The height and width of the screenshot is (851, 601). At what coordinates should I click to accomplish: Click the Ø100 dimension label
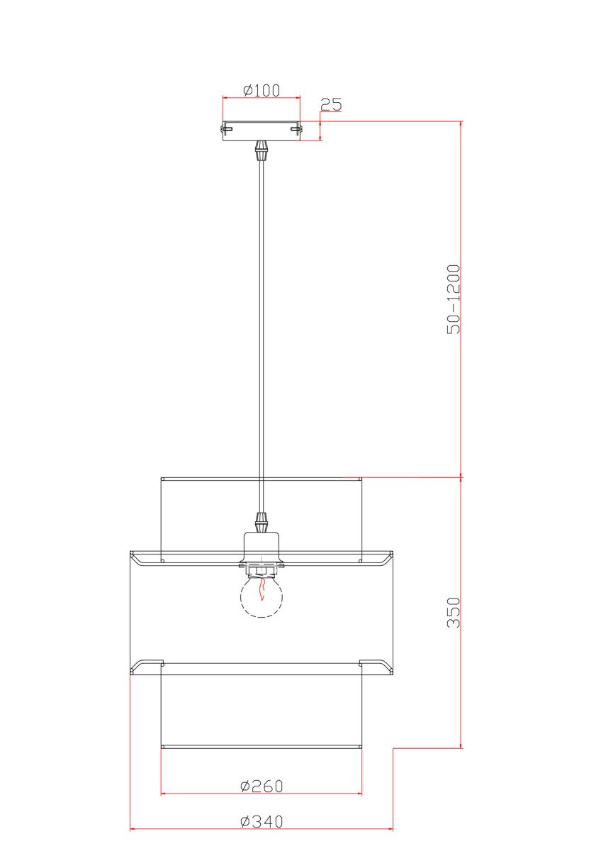pos(262,90)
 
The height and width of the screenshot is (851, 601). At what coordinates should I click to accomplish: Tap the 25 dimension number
pos(331,104)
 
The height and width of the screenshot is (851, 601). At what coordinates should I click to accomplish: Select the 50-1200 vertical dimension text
pos(454,299)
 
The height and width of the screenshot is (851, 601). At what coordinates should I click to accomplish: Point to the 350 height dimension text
pos(454,613)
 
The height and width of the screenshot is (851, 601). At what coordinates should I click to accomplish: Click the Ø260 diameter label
pos(262,786)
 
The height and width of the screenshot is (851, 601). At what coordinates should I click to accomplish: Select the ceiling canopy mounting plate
pos(262,131)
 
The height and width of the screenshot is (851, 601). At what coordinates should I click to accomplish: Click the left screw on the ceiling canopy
pos(227,129)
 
